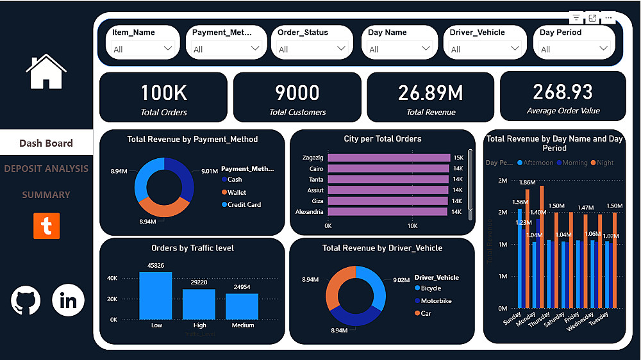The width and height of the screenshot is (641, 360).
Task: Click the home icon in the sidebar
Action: pos(46,71)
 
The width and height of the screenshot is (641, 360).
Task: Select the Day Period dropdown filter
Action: pos(574,42)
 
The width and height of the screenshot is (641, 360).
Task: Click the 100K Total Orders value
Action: pos(164,93)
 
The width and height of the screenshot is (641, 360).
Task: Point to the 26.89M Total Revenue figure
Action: pos(431,93)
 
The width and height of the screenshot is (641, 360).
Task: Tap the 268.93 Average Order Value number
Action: pos(563,92)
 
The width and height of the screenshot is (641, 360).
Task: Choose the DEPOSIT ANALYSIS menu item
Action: pos(46,169)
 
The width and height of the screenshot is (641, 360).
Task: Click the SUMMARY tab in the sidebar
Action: pos(46,195)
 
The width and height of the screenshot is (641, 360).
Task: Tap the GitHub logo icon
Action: pos(26,300)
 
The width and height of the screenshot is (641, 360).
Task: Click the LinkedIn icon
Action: pos(68,300)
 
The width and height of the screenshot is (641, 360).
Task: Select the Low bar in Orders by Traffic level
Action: pos(156,295)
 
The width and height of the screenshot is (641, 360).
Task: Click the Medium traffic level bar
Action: pos(242,306)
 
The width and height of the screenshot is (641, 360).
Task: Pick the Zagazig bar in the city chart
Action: pos(388,158)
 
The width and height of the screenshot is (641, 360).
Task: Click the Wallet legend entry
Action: pos(236,192)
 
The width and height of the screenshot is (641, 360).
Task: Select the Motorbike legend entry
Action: pos(436,301)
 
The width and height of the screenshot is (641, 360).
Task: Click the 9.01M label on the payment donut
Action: pos(210,171)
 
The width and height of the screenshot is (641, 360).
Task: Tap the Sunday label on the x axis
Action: pos(512,319)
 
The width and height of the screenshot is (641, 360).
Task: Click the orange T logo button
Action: pos(46,226)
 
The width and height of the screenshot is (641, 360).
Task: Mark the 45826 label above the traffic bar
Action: pos(156,265)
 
